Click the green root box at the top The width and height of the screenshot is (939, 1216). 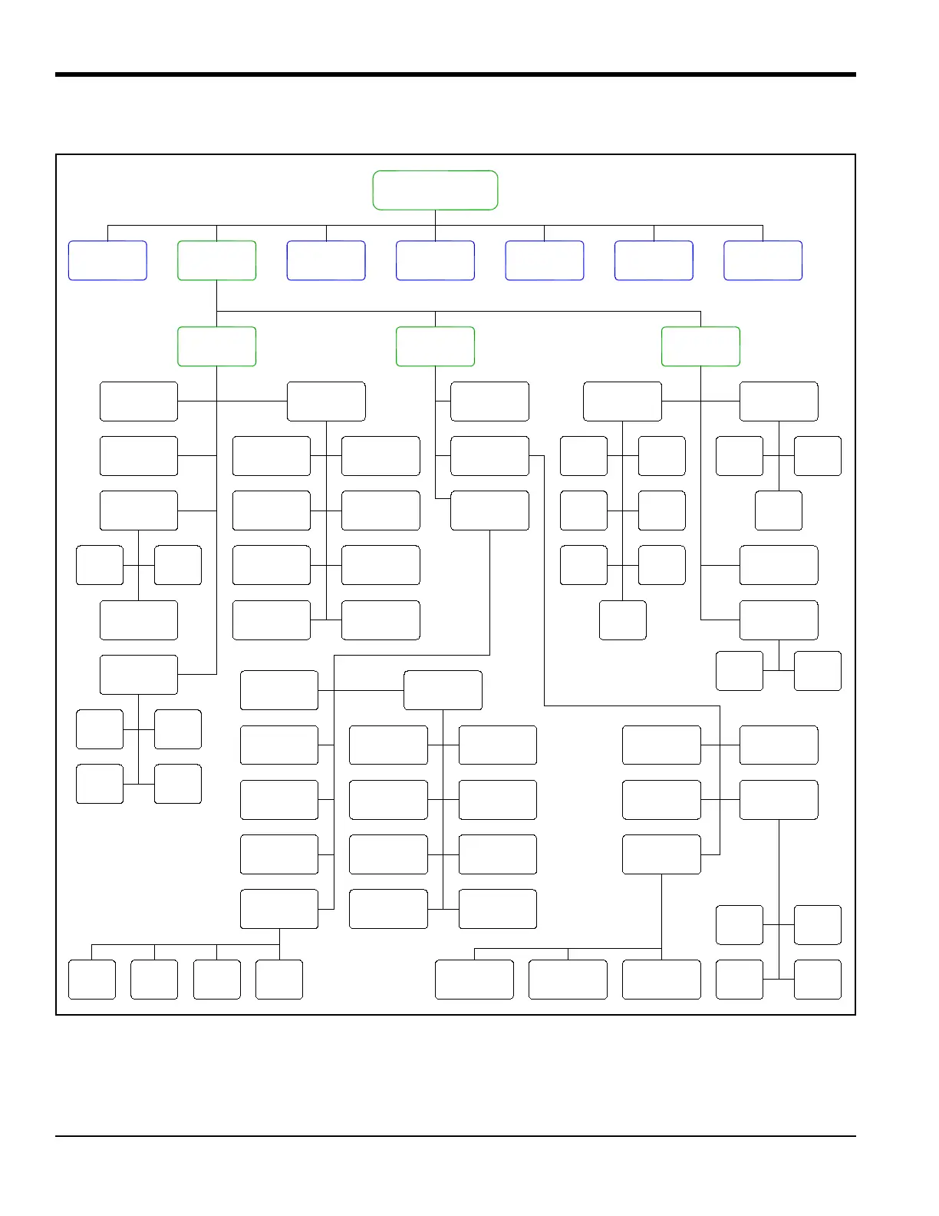(x=435, y=190)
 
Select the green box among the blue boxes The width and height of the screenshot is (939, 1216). (x=216, y=260)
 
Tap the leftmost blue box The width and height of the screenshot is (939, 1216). (x=107, y=260)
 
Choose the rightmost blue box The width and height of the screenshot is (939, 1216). (x=763, y=260)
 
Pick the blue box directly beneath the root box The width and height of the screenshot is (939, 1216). (x=435, y=260)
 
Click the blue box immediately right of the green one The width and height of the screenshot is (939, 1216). (x=326, y=260)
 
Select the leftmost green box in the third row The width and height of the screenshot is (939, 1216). (x=216, y=346)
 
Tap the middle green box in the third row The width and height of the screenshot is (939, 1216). (x=435, y=346)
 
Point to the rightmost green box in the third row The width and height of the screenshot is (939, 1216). (x=700, y=346)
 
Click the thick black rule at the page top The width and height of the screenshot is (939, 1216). (x=456, y=74)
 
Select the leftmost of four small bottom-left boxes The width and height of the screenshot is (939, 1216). (x=92, y=979)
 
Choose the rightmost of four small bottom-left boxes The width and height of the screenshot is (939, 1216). (x=279, y=979)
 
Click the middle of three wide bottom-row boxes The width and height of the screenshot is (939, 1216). (x=568, y=979)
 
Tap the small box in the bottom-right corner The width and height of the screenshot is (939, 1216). (x=817, y=979)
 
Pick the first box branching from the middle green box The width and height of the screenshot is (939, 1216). (x=489, y=401)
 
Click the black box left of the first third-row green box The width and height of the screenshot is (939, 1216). (x=139, y=401)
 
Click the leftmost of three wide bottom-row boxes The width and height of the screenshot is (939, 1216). (x=474, y=979)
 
